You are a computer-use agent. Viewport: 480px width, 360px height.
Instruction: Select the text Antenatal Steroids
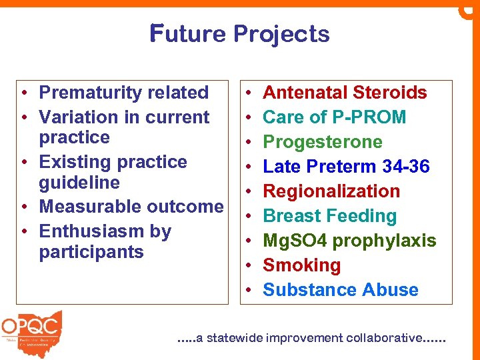(345, 93)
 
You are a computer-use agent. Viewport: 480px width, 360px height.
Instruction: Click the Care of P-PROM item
(334, 117)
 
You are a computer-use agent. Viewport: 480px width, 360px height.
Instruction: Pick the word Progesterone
(323, 142)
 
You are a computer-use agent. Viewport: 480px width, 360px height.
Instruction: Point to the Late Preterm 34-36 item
(346, 167)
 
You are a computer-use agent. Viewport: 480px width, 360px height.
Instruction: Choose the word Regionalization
(331, 191)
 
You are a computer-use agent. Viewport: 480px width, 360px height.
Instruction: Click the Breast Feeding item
(329, 216)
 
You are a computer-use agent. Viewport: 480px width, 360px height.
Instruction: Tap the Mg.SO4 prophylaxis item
(349, 241)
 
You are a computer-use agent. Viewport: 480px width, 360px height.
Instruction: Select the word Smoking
(301, 265)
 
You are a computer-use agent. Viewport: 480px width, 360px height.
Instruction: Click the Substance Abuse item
(341, 290)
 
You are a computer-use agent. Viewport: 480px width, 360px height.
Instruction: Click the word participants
(91, 252)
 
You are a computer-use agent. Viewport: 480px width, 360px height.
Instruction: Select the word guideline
(79, 183)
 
